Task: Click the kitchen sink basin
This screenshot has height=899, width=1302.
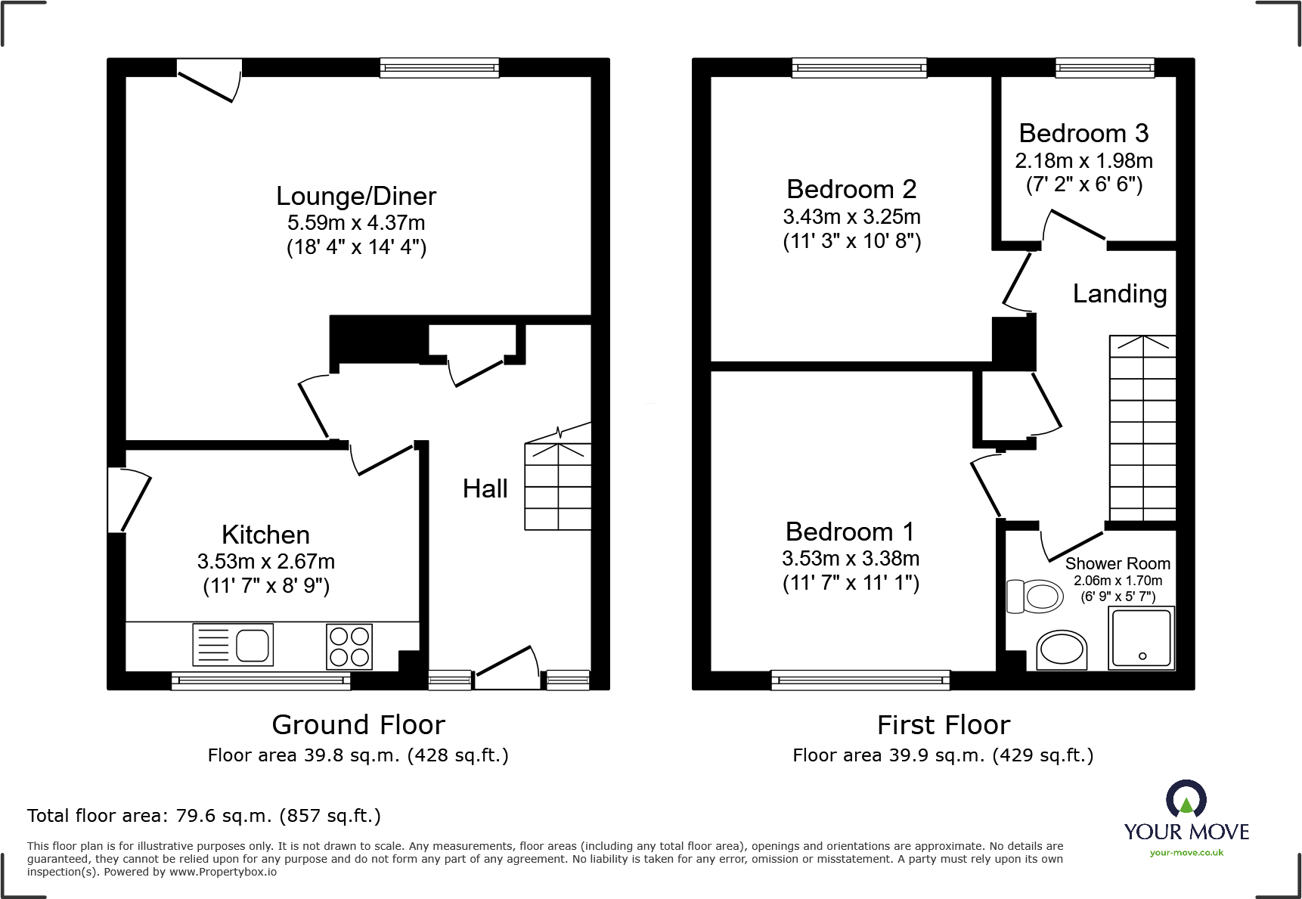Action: [x=254, y=646]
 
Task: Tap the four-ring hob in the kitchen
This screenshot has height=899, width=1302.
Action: [x=349, y=646]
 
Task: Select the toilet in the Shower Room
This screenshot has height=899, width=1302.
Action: [x=1035, y=597]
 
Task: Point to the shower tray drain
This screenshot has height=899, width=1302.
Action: [x=1142, y=656]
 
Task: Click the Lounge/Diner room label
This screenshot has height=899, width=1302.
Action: [x=356, y=197]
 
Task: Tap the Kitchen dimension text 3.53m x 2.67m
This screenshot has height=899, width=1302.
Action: [x=266, y=562]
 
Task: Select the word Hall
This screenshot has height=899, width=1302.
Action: [x=485, y=488]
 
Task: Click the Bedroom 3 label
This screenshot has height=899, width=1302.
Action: [x=1083, y=134]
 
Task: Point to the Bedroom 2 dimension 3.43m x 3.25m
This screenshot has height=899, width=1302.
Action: [x=852, y=217]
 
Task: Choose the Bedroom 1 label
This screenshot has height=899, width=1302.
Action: [x=850, y=532]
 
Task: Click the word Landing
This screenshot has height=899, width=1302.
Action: [x=1120, y=294]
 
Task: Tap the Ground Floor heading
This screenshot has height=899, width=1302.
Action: [x=358, y=725]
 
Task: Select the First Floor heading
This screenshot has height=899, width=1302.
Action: [x=944, y=725]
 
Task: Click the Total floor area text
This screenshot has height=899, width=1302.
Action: [x=204, y=816]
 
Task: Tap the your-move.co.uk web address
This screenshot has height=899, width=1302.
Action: [x=1186, y=853]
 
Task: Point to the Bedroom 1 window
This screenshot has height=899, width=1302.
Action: [x=860, y=680]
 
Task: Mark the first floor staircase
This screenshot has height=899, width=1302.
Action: [x=1142, y=428]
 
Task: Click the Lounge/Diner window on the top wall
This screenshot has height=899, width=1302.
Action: [x=439, y=68]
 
